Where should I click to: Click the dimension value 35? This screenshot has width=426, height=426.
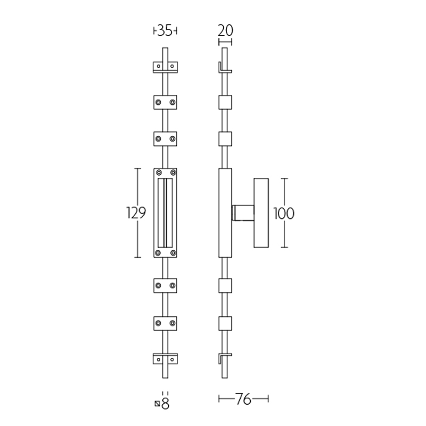tap(165, 31)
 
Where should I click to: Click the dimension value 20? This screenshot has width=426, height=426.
tap(225, 30)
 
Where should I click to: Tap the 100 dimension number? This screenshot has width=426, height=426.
tap(284, 214)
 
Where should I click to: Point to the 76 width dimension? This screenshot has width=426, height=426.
tap(244, 398)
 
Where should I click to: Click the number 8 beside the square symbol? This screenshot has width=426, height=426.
tap(165, 404)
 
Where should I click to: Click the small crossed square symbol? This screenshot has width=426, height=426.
tap(157, 404)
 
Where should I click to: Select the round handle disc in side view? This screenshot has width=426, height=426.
tap(261, 213)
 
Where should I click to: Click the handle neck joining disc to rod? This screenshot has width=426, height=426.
tap(243, 213)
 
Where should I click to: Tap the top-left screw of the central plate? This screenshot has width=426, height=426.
tap(159, 173)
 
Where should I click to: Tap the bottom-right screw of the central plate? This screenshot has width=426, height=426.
tap(173, 252)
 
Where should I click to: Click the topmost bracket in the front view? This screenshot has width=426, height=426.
tap(165, 67)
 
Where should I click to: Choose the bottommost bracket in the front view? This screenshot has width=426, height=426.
tap(165, 360)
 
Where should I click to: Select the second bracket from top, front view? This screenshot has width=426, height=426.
tap(165, 102)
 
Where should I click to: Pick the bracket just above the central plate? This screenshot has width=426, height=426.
tap(165, 139)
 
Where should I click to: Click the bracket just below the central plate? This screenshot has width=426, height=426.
tap(165, 285)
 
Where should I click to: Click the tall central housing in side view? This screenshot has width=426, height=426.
tap(226, 213)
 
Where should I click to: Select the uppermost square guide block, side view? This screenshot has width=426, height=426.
tap(226, 102)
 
